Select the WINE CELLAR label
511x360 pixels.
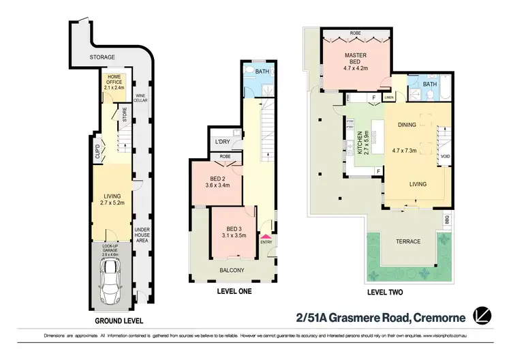[x=141, y=97]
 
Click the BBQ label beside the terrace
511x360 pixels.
[x=448, y=221]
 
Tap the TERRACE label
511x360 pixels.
[x=409, y=241]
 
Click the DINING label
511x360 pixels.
[x=407, y=125]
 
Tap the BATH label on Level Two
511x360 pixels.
[x=429, y=85]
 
